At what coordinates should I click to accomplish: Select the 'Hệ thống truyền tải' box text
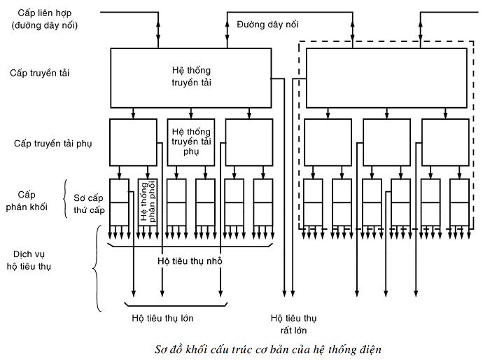(191, 76)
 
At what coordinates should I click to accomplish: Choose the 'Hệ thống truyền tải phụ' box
(191, 141)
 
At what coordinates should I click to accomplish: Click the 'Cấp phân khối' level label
(31, 201)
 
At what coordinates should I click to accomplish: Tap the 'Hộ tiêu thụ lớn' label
(162, 318)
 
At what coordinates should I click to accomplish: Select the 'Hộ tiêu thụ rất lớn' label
(293, 324)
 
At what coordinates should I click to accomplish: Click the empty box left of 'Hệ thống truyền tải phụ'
(133, 141)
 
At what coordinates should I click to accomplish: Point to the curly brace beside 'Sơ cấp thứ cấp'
(66, 201)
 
